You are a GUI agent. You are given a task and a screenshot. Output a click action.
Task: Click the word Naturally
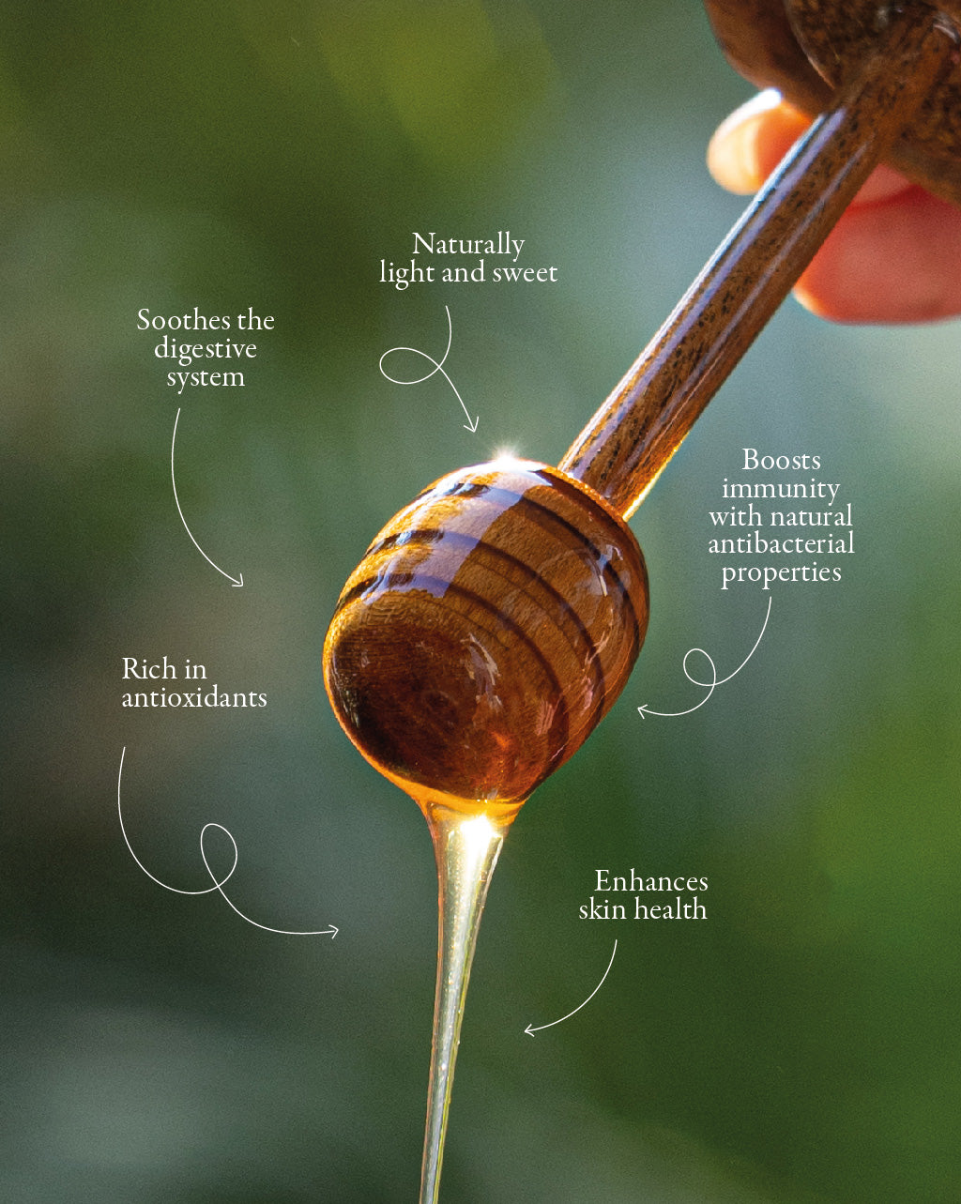pos(468,245)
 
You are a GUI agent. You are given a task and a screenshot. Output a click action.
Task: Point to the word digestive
pos(206,350)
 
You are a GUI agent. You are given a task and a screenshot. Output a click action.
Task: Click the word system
pos(206,377)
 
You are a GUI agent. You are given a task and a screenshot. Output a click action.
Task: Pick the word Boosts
pos(782,461)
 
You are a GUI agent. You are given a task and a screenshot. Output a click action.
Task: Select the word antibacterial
pos(782,543)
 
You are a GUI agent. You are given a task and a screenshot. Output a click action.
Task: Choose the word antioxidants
pos(194,697)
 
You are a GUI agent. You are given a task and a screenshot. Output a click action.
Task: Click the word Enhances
pos(651,882)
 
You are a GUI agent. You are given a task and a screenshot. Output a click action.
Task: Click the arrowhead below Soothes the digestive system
pos(237,580)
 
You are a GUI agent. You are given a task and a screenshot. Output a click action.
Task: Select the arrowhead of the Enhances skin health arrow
pos(530,1030)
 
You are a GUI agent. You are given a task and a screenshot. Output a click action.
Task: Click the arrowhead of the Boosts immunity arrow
pos(645,710)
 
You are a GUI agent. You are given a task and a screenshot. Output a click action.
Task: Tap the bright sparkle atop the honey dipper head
pos(506,454)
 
